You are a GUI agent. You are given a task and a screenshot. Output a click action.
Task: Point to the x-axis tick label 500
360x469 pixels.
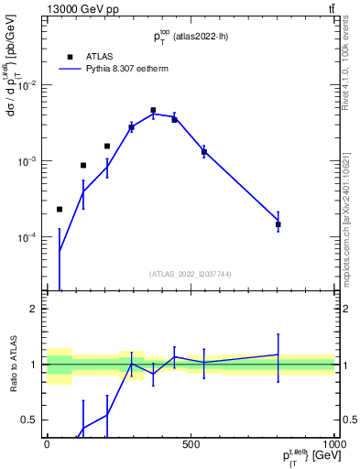click(191, 444)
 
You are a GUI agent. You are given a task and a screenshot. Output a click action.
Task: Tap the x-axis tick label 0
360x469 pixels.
click(47, 444)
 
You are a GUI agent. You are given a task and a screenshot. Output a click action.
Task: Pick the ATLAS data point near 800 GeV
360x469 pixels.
click(278, 224)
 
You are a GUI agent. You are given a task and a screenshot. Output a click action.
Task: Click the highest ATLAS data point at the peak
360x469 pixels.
click(153, 110)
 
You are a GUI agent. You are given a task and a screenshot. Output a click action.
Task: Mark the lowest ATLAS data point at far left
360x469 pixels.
click(60, 210)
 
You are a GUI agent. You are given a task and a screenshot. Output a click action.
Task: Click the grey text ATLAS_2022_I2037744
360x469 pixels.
click(191, 274)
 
